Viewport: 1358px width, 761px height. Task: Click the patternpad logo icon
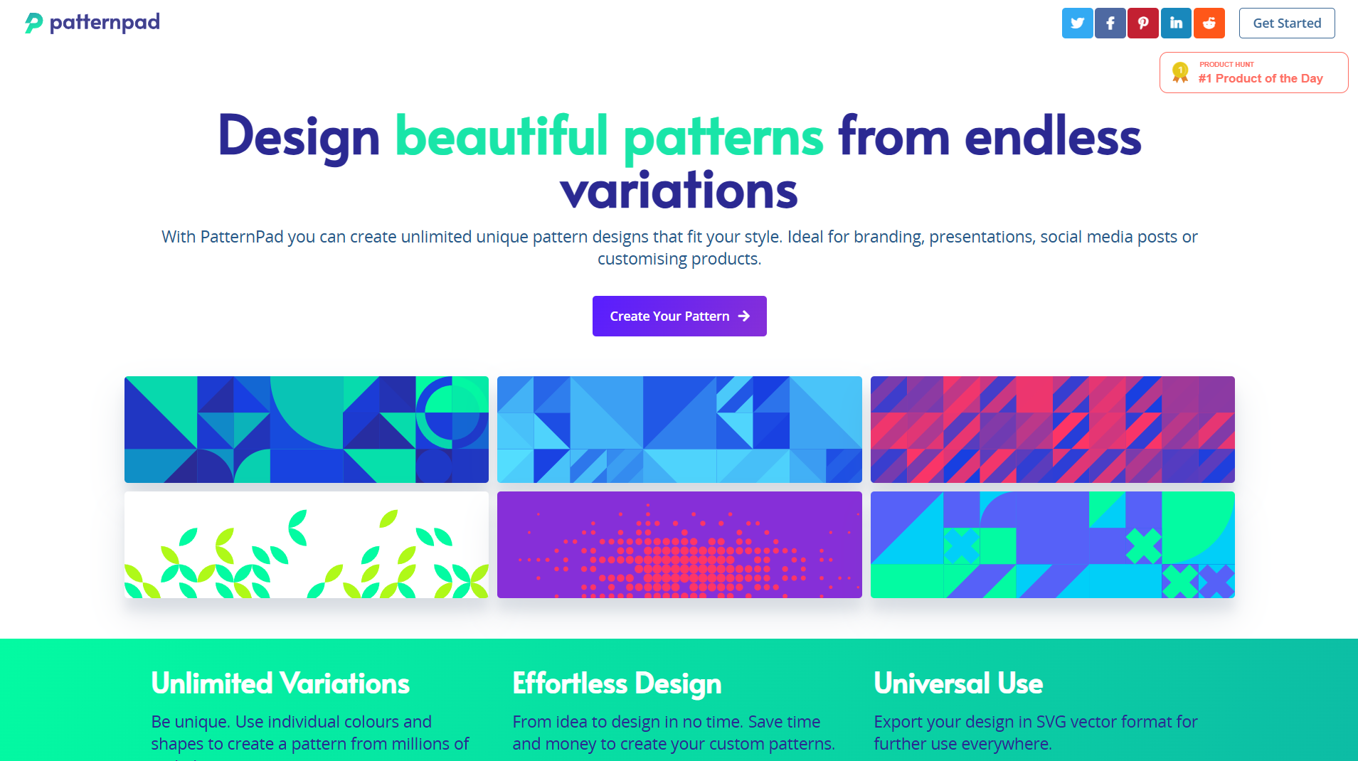point(33,23)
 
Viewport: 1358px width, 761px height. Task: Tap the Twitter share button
point(1077,23)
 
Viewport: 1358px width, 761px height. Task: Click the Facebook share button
point(1110,23)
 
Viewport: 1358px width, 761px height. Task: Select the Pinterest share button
point(1142,23)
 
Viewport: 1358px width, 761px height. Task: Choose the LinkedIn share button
point(1176,23)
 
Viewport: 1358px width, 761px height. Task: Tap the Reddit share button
point(1209,23)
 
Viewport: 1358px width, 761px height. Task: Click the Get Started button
point(1287,23)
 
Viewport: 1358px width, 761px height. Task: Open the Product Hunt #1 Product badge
point(1253,73)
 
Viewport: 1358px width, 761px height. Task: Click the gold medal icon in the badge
point(1180,73)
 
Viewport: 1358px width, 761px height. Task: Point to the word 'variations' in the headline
point(679,190)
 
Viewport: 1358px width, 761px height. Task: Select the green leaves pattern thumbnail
point(307,545)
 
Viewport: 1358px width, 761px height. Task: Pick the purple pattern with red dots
point(679,545)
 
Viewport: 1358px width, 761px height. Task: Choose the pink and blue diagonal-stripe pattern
point(1053,430)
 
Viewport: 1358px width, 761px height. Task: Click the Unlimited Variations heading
point(280,683)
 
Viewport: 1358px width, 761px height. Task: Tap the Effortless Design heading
point(617,683)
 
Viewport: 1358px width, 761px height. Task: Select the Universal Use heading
point(958,683)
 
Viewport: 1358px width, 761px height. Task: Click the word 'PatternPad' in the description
point(242,237)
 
